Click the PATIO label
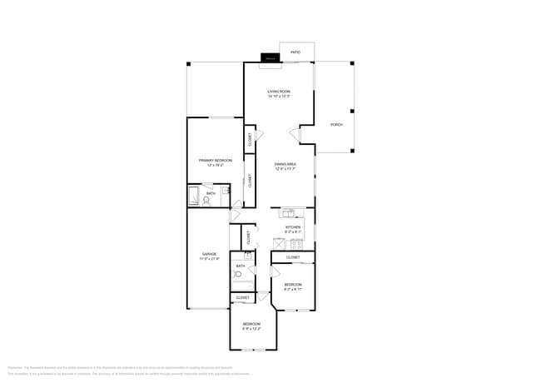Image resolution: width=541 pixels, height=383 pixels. [295, 52]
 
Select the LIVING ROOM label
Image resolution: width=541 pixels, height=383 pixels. [279, 93]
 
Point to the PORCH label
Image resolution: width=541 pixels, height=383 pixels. [336, 124]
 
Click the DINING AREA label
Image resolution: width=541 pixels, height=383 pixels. [285, 166]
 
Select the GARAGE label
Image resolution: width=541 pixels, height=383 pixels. [209, 256]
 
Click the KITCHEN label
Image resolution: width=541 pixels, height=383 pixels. [293, 228]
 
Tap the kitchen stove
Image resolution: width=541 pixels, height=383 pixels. [298, 244]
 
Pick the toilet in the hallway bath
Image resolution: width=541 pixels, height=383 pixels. [238, 273]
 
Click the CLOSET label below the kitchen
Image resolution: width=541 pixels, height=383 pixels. [293, 257]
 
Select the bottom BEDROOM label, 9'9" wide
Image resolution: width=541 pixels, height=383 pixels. [251, 326]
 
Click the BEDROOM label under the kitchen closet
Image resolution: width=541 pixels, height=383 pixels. [293, 286]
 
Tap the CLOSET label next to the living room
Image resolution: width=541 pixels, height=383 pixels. [249, 139]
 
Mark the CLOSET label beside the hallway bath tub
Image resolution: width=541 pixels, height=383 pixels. [242, 297]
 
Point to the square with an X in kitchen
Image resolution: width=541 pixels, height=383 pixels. [279, 244]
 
